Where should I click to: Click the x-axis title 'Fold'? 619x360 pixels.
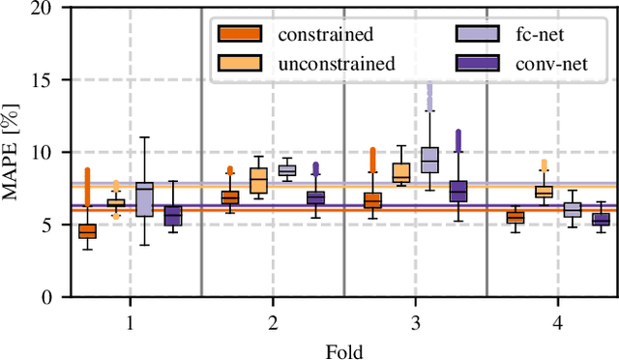click(343, 350)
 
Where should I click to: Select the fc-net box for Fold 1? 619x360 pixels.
click(144, 199)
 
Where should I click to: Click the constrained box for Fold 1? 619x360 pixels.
click(87, 231)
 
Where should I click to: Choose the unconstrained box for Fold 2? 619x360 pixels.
click(258, 181)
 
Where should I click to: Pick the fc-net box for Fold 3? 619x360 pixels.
click(429, 160)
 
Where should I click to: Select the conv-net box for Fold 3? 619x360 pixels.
click(458, 191)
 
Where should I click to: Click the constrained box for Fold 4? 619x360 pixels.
click(516, 218)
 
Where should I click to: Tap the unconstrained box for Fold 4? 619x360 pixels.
click(544, 192)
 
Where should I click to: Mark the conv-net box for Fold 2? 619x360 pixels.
click(315, 197)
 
